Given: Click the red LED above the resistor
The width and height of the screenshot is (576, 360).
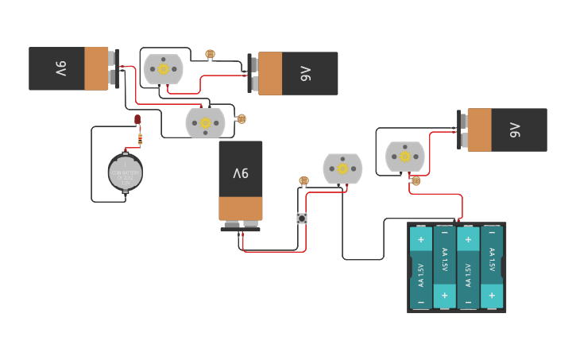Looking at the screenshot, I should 137,120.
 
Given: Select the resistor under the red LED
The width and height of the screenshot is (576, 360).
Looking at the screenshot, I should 140,139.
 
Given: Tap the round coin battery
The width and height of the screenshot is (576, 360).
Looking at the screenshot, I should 125,172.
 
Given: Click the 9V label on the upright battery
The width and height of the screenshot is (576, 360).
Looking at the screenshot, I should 240,173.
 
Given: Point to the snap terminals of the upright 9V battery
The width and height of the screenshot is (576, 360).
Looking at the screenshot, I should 240,226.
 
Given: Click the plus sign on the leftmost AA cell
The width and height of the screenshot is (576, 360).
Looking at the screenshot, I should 420,238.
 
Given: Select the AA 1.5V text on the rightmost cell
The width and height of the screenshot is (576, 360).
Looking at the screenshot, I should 492,261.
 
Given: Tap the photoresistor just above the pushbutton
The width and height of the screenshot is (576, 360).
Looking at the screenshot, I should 303,180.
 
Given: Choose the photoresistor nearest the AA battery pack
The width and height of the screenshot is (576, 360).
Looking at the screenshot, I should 416,181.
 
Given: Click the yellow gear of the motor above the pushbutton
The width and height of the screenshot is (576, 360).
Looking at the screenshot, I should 342,168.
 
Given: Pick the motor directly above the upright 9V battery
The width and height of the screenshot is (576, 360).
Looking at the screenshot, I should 205,122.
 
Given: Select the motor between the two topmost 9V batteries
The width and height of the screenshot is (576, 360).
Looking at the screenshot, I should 163,69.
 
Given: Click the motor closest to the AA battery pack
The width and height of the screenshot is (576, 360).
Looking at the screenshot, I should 404,157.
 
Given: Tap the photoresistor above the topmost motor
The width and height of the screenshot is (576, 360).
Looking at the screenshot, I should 210,54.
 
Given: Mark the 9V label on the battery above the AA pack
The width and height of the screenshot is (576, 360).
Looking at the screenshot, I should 516,129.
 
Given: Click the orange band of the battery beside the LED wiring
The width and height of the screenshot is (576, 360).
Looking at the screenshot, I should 95,68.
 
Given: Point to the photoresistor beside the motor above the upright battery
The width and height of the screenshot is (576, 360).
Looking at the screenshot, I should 242,119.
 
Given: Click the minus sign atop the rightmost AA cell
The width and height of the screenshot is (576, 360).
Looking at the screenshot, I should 492,232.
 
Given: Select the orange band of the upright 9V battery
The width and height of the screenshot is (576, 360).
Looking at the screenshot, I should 240,208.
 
